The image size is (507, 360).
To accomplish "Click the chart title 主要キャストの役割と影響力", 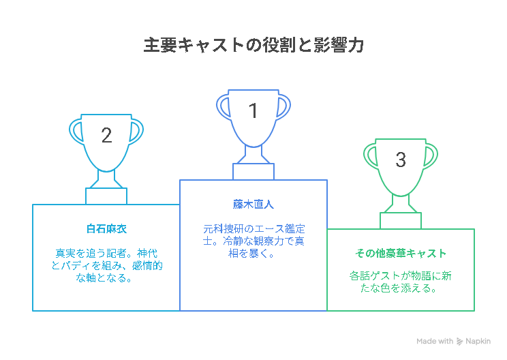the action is tap(253, 45).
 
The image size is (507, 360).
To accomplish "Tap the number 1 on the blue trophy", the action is tap(253, 110).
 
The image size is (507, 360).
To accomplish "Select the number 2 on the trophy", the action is tap(106, 135).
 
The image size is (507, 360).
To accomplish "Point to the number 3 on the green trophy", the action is tap(401, 160).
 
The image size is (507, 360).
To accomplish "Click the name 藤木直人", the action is tap(253, 205).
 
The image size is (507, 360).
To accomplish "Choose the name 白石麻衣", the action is tap(106, 229).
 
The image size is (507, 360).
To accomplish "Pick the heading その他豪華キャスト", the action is tap(401, 253).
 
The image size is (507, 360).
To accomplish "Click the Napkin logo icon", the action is tap(459, 341).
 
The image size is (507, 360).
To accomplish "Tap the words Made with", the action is tap(435, 341).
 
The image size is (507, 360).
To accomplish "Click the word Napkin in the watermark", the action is tap(478, 342).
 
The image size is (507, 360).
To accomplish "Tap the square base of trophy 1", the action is tap(253, 172).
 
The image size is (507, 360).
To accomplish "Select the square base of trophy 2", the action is tap(106, 196).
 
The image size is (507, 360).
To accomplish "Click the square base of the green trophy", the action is tap(401, 221).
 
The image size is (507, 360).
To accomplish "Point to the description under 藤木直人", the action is tap(253, 241).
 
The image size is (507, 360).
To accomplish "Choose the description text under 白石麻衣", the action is tap(106, 265).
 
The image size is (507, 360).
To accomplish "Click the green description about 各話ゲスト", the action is tap(401, 282).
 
